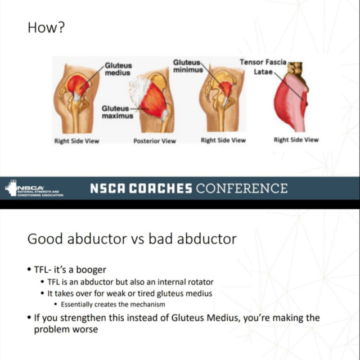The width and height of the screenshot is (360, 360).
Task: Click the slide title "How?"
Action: click(46, 28)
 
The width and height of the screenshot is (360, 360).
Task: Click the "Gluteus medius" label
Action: click(118, 69)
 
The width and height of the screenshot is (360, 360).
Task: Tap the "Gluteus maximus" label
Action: click(118, 112)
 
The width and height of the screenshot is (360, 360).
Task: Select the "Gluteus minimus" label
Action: click(188, 66)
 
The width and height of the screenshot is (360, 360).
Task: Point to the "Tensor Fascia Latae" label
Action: click(263, 67)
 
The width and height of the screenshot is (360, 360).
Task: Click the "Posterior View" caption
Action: click(155, 141)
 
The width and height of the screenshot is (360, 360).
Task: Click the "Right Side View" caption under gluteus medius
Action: click(76, 141)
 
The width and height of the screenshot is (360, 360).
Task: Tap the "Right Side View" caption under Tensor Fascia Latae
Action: click(296, 140)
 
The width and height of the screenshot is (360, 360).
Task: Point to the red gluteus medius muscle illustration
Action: click(78, 84)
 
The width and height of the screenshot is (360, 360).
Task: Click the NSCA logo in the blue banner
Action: click(34, 188)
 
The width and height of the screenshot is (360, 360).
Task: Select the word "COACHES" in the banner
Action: click(160, 188)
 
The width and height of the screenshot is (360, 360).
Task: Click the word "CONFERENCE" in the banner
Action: click(241, 188)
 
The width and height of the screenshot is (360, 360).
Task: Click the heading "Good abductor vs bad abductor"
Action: click(132, 239)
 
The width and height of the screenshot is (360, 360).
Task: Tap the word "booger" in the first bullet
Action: click(91, 270)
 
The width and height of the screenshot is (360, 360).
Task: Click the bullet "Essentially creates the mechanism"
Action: click(113, 304)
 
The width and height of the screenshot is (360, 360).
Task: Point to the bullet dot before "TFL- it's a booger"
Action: click(29, 269)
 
